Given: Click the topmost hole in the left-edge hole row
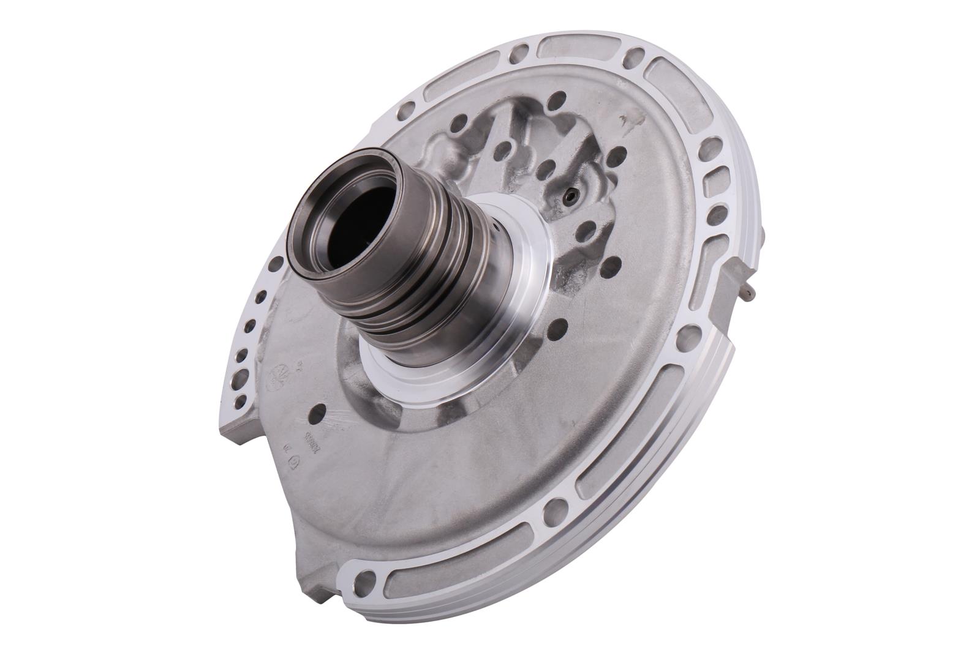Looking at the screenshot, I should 276,263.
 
